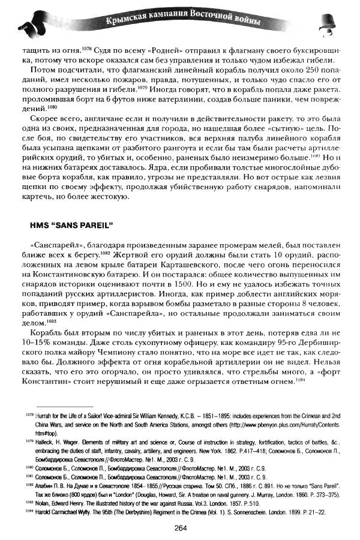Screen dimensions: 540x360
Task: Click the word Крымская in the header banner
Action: click(x=127, y=22)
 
